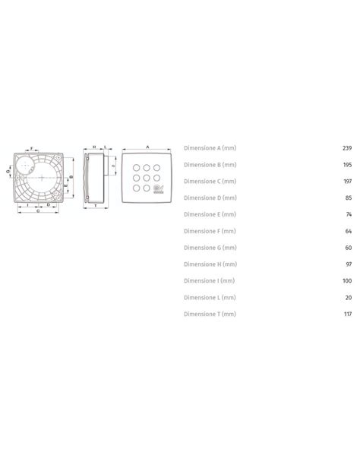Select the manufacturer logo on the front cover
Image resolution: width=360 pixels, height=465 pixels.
[x=158, y=191]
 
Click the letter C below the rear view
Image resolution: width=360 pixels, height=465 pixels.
[x=38, y=210]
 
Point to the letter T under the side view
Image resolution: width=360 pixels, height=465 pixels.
[x=94, y=205]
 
